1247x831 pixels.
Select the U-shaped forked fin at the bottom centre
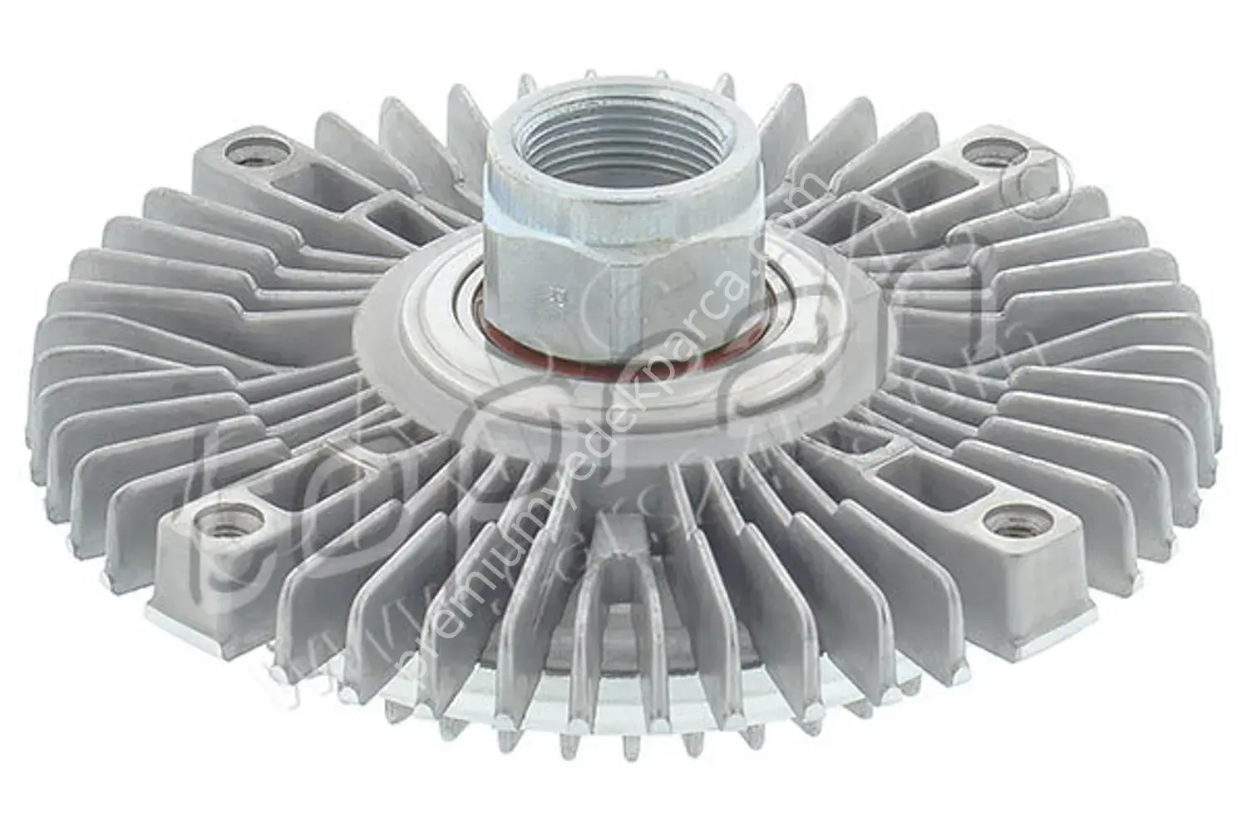623,598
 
